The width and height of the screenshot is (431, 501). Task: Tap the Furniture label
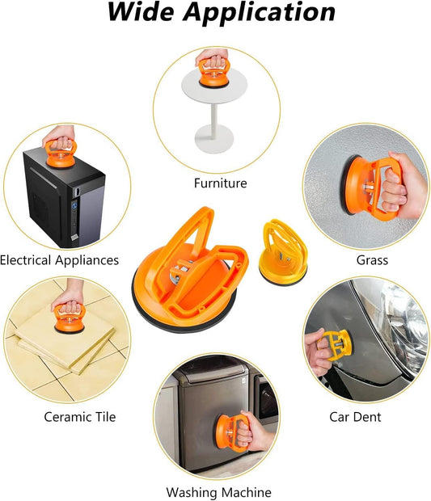(x=220, y=183)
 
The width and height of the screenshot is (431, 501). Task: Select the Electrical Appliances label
(x=60, y=260)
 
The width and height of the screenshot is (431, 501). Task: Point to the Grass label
(x=372, y=260)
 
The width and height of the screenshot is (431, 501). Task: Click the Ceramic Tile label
(x=79, y=417)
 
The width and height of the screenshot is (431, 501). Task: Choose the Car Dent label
(x=355, y=417)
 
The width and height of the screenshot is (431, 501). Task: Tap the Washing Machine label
(x=218, y=491)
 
